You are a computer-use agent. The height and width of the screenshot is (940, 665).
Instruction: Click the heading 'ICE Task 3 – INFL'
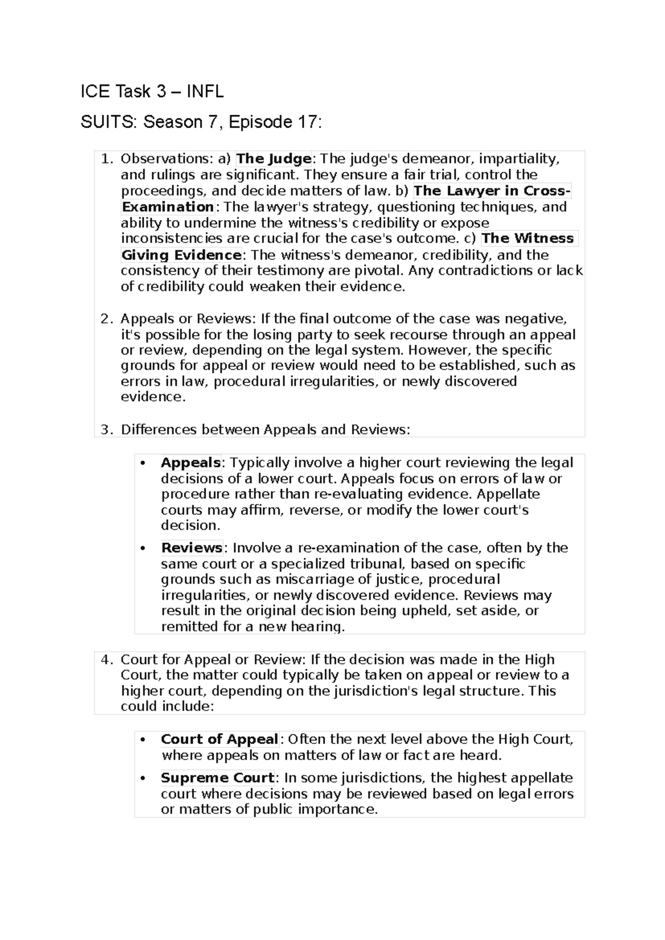click(152, 91)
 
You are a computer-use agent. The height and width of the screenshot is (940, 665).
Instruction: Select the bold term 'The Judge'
click(274, 159)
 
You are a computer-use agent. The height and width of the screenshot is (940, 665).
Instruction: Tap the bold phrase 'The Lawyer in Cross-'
click(492, 191)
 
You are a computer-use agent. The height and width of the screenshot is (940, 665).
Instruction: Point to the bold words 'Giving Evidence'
click(181, 256)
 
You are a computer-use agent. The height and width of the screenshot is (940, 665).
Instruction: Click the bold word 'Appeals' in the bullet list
click(191, 463)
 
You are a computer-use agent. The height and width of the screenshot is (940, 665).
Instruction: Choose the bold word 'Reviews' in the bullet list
click(191, 548)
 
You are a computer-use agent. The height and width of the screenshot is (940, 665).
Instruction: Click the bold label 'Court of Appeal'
click(219, 739)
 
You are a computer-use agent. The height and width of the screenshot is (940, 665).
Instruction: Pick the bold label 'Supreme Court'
click(217, 778)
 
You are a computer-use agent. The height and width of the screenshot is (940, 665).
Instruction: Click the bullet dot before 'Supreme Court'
click(143, 779)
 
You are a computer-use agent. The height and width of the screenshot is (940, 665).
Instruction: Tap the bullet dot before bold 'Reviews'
click(143, 549)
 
